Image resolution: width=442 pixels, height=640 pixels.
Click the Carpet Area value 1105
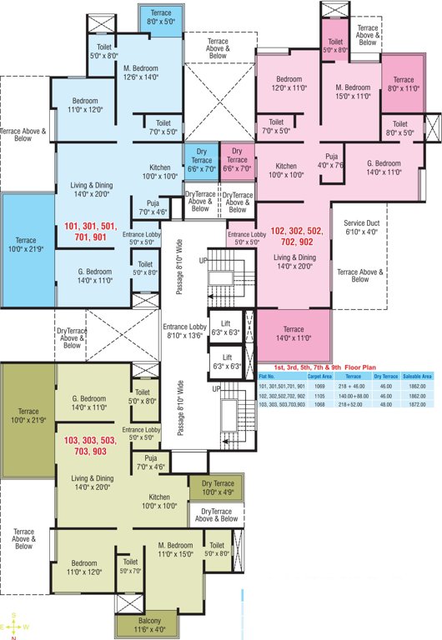click(x=315, y=395)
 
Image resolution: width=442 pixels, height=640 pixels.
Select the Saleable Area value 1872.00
click(x=417, y=403)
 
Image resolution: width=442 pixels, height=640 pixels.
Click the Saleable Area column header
click(x=417, y=377)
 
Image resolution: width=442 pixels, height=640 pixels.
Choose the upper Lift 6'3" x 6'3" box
click(x=225, y=327)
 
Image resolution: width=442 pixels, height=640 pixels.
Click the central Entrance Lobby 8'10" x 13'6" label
click(x=187, y=331)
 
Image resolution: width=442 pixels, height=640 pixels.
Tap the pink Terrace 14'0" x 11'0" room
click(x=294, y=333)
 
